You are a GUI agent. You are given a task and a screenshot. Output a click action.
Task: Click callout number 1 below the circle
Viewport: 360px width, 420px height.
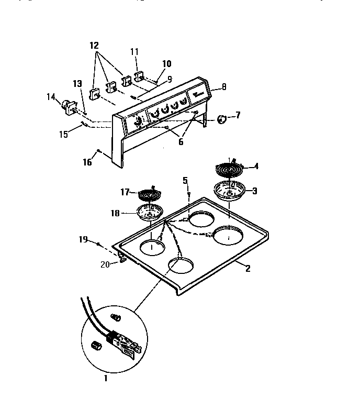(105, 378)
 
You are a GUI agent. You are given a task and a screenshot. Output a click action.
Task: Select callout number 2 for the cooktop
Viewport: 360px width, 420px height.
(248, 269)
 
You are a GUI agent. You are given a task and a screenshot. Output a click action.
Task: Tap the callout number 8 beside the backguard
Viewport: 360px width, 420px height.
(224, 87)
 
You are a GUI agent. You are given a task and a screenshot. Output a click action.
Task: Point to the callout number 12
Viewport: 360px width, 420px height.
(94, 46)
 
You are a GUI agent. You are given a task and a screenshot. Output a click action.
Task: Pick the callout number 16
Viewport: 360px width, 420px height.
(88, 162)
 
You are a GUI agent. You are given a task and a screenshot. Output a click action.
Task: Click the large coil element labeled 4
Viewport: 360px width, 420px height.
(229, 169)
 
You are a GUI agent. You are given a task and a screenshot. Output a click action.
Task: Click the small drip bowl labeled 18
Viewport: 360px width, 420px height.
(149, 213)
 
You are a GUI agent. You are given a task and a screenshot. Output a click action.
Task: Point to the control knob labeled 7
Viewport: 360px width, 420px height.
(222, 119)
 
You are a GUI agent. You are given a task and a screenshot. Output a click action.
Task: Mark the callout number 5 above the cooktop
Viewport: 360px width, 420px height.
(184, 181)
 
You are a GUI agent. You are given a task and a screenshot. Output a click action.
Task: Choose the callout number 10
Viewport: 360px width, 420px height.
(166, 64)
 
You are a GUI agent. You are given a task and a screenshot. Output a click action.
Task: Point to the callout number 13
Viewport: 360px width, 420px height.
(77, 83)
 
